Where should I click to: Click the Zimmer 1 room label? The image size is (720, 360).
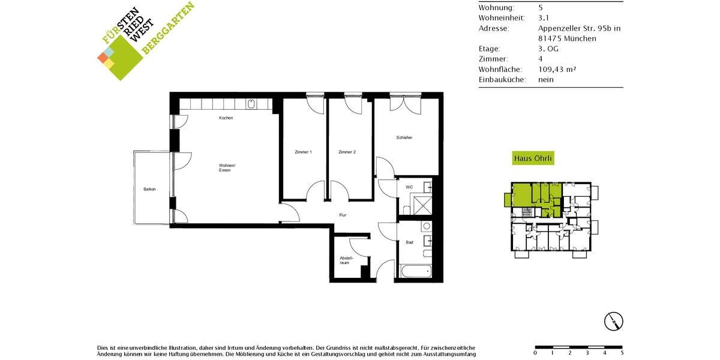click(x=303, y=152)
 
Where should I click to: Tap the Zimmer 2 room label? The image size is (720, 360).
click(x=347, y=152)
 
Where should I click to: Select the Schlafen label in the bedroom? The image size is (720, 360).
click(x=404, y=137)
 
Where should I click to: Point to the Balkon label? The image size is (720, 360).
click(x=149, y=190)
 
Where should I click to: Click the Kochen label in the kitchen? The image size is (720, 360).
click(x=226, y=118)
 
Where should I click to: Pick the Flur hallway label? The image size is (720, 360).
click(x=343, y=215)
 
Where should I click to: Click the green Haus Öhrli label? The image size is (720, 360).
click(x=533, y=159)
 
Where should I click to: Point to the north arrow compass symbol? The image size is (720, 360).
click(x=613, y=321)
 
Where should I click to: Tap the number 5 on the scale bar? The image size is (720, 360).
click(x=622, y=353)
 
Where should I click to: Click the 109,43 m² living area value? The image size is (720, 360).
click(x=557, y=69)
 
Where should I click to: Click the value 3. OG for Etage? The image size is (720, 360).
click(x=548, y=49)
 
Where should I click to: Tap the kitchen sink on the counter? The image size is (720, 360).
click(x=251, y=104)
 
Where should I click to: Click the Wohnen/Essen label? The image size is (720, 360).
click(x=227, y=168)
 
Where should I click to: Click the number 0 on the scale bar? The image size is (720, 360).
click(x=535, y=353)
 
